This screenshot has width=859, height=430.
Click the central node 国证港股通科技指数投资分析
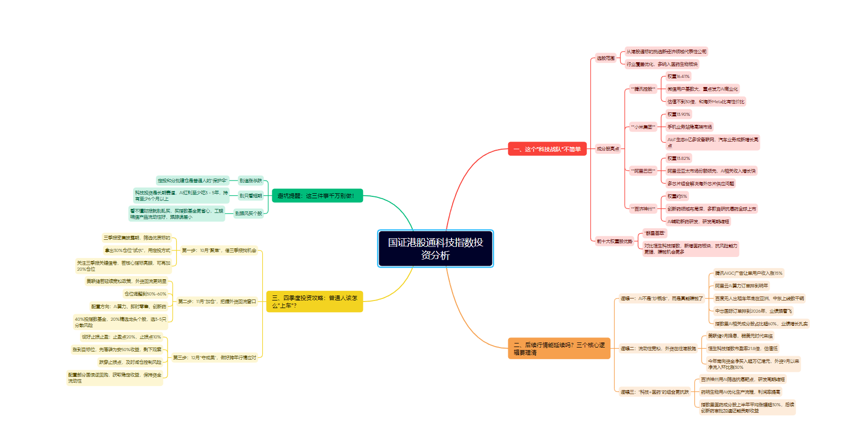(435, 248)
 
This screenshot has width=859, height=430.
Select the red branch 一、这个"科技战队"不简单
(547, 149)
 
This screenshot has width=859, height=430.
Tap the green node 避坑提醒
(317, 196)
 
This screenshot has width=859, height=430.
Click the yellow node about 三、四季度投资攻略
(314, 302)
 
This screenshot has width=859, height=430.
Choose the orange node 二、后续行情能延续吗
(559, 349)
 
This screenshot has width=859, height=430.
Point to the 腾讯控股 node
(643, 89)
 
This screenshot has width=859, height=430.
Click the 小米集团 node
(643, 127)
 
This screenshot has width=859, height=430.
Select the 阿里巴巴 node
(643, 171)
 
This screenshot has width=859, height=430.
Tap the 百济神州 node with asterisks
(643, 209)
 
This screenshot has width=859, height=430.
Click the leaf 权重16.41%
(678, 76)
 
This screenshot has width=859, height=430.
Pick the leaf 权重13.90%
(678, 114)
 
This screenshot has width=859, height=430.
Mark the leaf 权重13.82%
(678, 158)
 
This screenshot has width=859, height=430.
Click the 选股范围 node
(605, 58)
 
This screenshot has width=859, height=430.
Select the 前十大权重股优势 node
(615, 241)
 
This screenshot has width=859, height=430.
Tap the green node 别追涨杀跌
(251, 181)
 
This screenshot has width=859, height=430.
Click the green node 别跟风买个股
(249, 213)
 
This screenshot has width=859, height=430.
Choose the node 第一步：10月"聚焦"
(219, 250)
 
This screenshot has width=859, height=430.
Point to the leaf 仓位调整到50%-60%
(145, 294)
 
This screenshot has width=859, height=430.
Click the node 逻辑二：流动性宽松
(658, 349)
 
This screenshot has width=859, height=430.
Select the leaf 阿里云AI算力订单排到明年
(741, 286)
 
